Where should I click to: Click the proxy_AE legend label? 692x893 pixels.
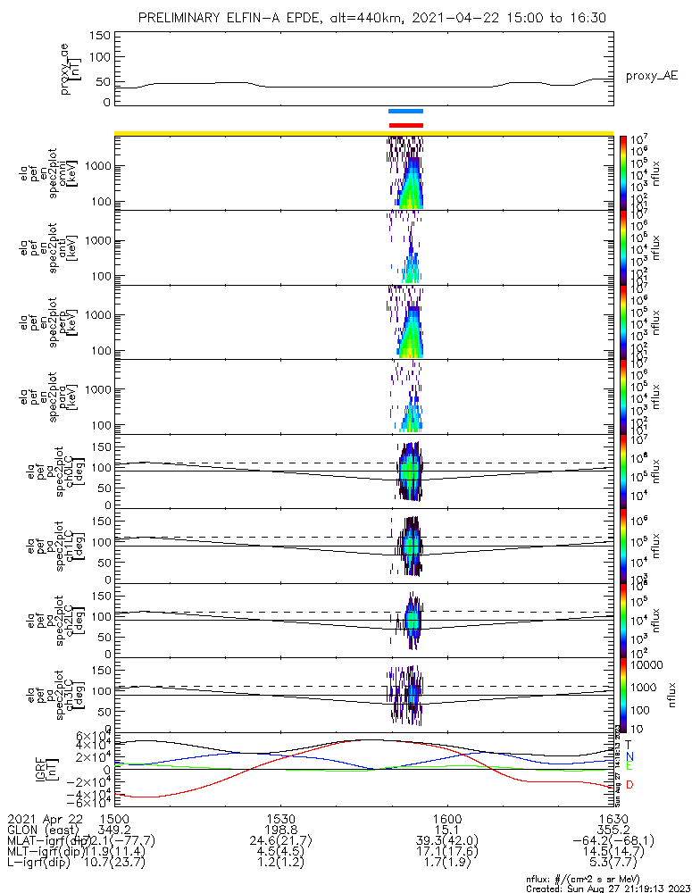pyautogui.click(x=651, y=77)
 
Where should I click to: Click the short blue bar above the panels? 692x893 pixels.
pyautogui.click(x=406, y=112)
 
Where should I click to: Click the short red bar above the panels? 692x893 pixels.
pyautogui.click(x=406, y=125)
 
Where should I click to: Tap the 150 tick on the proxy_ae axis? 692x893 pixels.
pyautogui.click(x=99, y=35)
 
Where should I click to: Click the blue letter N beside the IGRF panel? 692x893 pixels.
pyautogui.click(x=629, y=756)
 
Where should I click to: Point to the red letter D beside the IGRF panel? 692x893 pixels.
pyautogui.click(x=629, y=785)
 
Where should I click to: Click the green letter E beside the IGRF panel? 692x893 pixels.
pyautogui.click(x=629, y=766)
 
